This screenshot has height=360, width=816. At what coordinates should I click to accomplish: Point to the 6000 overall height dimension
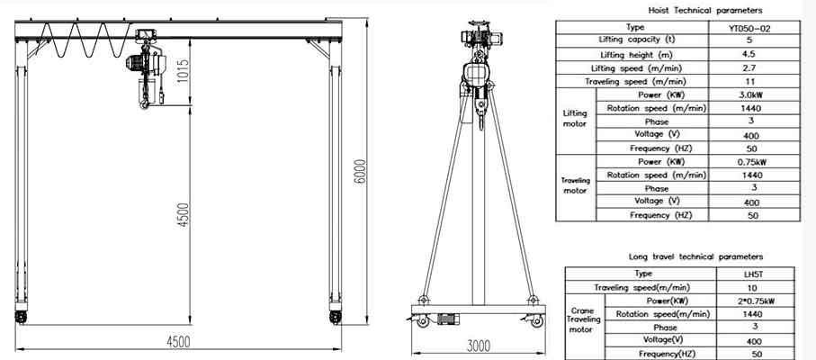coord(360,170)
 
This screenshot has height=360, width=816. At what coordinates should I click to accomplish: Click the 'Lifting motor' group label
coord(575,119)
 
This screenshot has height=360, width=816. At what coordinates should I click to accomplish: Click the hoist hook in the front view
coord(144,105)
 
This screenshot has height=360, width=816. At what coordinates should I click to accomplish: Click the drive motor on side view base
coord(449,319)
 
